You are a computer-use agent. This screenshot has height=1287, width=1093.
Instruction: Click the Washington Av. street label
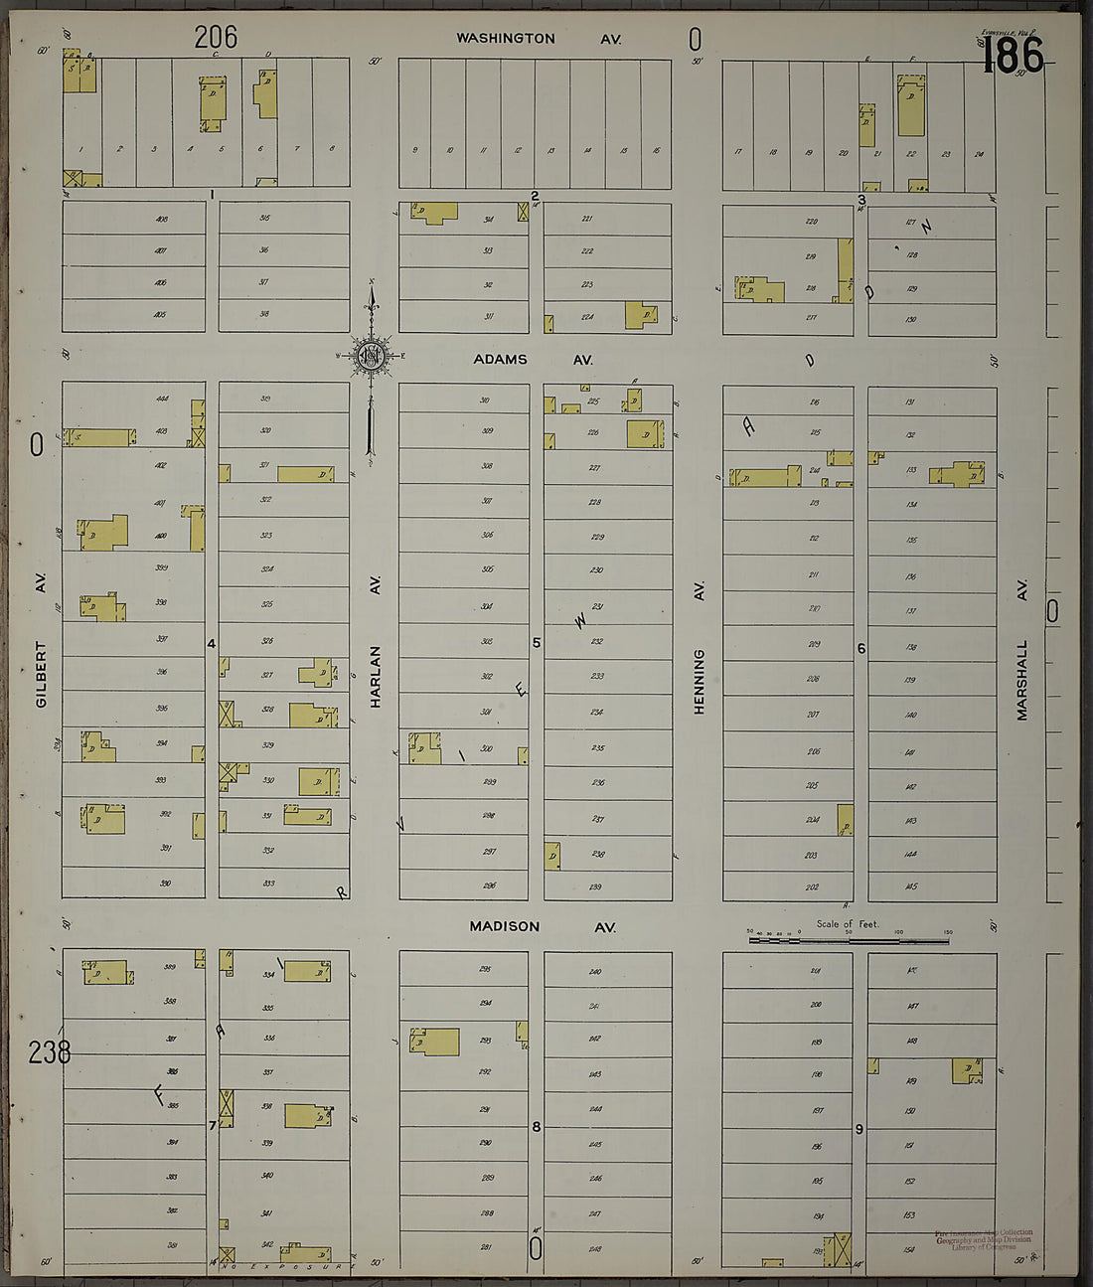[x=539, y=39]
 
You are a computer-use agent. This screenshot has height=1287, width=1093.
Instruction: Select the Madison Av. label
[x=543, y=926]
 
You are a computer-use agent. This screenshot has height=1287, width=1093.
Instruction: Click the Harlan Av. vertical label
[x=376, y=641]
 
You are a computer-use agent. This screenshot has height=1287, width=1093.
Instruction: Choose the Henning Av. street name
[x=700, y=647]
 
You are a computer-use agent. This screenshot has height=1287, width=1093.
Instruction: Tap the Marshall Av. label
[x=1021, y=650]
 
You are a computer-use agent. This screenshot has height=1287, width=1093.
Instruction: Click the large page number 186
[x=1013, y=56]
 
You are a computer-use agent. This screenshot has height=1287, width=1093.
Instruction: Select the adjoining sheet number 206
[x=216, y=37]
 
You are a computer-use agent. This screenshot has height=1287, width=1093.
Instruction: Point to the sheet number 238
[x=50, y=1051]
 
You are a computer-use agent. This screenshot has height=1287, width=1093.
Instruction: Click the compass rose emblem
[x=371, y=356]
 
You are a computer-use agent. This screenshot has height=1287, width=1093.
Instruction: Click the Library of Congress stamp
[x=983, y=1239]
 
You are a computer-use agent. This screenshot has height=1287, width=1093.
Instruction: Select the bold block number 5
[x=537, y=643]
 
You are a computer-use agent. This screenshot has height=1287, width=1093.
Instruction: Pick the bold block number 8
[x=537, y=1126]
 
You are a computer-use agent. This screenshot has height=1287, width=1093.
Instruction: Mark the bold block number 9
[x=859, y=1128]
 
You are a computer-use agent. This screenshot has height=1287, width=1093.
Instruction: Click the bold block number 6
[x=860, y=648]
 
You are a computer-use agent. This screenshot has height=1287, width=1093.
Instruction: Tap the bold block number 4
[x=212, y=643]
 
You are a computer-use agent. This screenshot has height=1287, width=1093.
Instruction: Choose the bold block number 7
[x=212, y=1125]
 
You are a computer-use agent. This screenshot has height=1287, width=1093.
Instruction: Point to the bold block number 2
[x=535, y=196]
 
